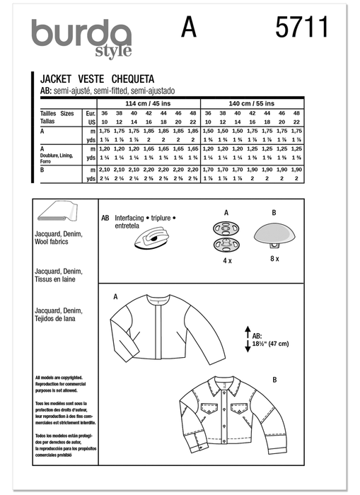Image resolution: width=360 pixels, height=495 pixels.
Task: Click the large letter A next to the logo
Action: point(189,28)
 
